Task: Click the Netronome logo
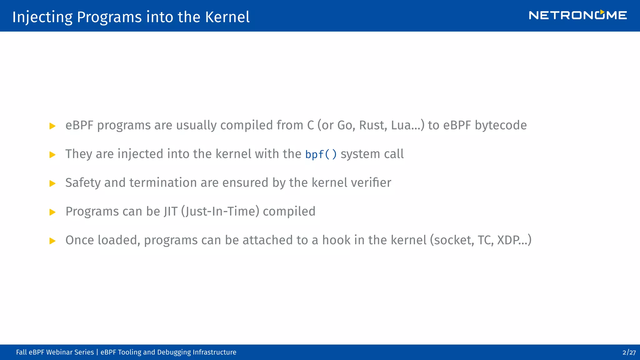(x=577, y=15)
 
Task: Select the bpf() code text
(x=321, y=154)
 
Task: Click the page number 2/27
(x=629, y=352)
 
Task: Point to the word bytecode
(x=501, y=125)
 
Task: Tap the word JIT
(x=170, y=212)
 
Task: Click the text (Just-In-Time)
(x=220, y=212)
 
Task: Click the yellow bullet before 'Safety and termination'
(x=52, y=183)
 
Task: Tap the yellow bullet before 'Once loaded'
(x=52, y=241)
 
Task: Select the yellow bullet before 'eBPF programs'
(x=52, y=126)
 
